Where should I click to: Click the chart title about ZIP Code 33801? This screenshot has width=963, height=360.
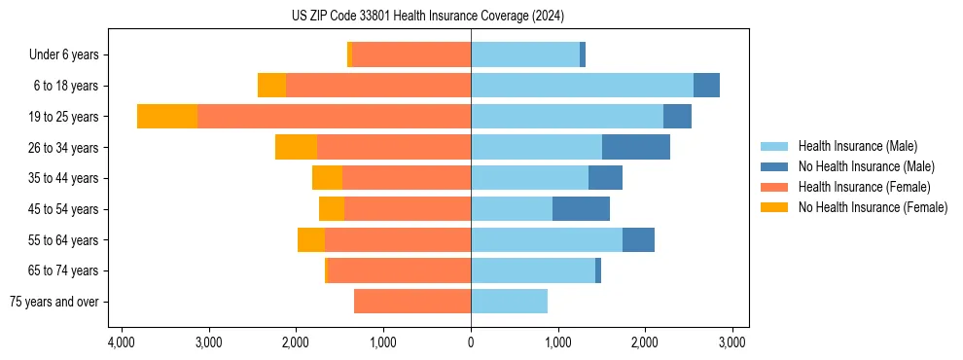[x=427, y=17]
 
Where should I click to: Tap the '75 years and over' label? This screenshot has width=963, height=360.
[x=54, y=302]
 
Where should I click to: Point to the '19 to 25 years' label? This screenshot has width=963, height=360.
[x=64, y=117]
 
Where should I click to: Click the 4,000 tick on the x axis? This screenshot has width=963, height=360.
[x=121, y=342]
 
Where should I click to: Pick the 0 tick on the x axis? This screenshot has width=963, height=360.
[x=471, y=342]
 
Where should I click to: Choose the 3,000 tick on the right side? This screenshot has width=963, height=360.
[x=732, y=342]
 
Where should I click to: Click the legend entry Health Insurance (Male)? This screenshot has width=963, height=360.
[x=857, y=146]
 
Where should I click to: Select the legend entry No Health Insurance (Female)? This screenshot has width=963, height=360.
[x=873, y=207]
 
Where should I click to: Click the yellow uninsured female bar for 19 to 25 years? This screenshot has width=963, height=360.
[x=167, y=117]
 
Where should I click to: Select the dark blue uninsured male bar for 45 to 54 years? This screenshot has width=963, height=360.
[x=581, y=209]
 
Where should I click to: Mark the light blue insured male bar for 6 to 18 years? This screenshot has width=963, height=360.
[x=582, y=86]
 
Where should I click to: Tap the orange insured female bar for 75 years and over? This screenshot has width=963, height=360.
[x=412, y=302]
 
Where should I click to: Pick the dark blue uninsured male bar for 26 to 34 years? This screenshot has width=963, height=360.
[x=635, y=148]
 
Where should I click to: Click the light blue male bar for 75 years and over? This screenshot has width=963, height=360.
[x=509, y=302]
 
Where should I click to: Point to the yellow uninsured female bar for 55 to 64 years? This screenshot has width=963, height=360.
[x=311, y=240]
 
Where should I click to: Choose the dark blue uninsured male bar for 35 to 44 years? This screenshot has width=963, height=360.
[x=605, y=178]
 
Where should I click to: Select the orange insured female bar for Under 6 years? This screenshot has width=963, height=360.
[x=411, y=55]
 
